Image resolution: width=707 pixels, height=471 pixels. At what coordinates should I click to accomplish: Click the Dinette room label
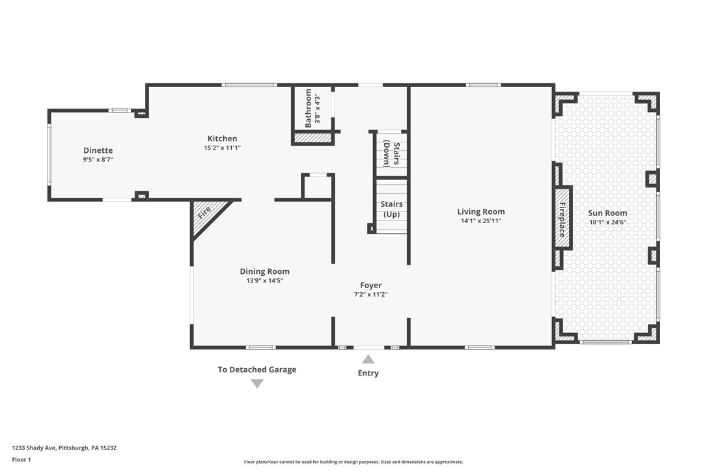(x=98, y=150)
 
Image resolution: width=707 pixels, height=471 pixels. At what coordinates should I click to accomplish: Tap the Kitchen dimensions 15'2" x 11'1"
(x=222, y=148)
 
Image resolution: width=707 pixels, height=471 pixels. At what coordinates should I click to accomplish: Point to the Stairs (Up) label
(x=391, y=209)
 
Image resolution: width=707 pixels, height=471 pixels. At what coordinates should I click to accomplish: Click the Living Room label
(x=480, y=211)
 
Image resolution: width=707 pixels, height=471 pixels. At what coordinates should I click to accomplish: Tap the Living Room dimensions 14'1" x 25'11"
(x=480, y=221)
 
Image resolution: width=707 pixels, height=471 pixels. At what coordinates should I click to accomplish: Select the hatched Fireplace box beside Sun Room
(x=562, y=219)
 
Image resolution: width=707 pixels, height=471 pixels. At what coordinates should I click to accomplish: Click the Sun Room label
(x=607, y=213)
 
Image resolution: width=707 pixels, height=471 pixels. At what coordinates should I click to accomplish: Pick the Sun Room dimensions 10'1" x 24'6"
(x=607, y=222)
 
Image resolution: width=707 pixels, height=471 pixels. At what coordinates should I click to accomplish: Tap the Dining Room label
(x=264, y=271)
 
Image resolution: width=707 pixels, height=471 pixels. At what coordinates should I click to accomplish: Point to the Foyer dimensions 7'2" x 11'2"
(x=370, y=295)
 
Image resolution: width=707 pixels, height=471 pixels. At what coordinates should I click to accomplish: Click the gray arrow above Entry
(x=368, y=359)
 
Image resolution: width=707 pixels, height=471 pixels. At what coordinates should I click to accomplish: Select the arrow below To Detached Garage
(x=257, y=384)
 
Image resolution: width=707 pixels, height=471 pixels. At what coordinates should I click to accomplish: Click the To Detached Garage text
(x=256, y=370)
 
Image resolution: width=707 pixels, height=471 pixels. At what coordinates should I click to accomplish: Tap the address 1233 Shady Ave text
(x=64, y=448)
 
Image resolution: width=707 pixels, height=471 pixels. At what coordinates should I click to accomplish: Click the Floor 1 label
(x=21, y=459)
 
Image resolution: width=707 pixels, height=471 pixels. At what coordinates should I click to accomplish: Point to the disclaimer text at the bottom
(x=353, y=462)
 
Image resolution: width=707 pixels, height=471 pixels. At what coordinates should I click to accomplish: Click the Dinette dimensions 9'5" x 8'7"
(x=98, y=159)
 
